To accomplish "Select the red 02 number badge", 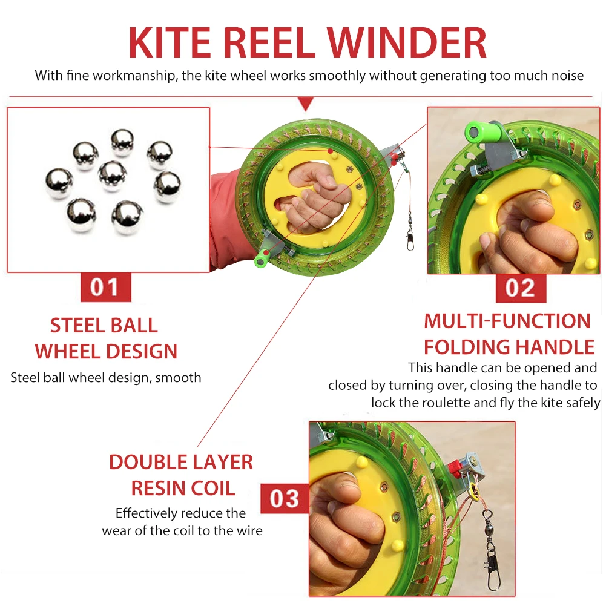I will pyautogui.click(x=520, y=288).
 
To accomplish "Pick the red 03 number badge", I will pyautogui.click(x=285, y=498).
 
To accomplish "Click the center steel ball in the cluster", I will pyautogui.click(x=112, y=174).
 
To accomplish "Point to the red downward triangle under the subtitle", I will pyautogui.click(x=306, y=104).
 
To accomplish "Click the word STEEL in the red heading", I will pyautogui.click(x=75, y=325).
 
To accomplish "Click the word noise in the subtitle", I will pyautogui.click(x=566, y=76).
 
